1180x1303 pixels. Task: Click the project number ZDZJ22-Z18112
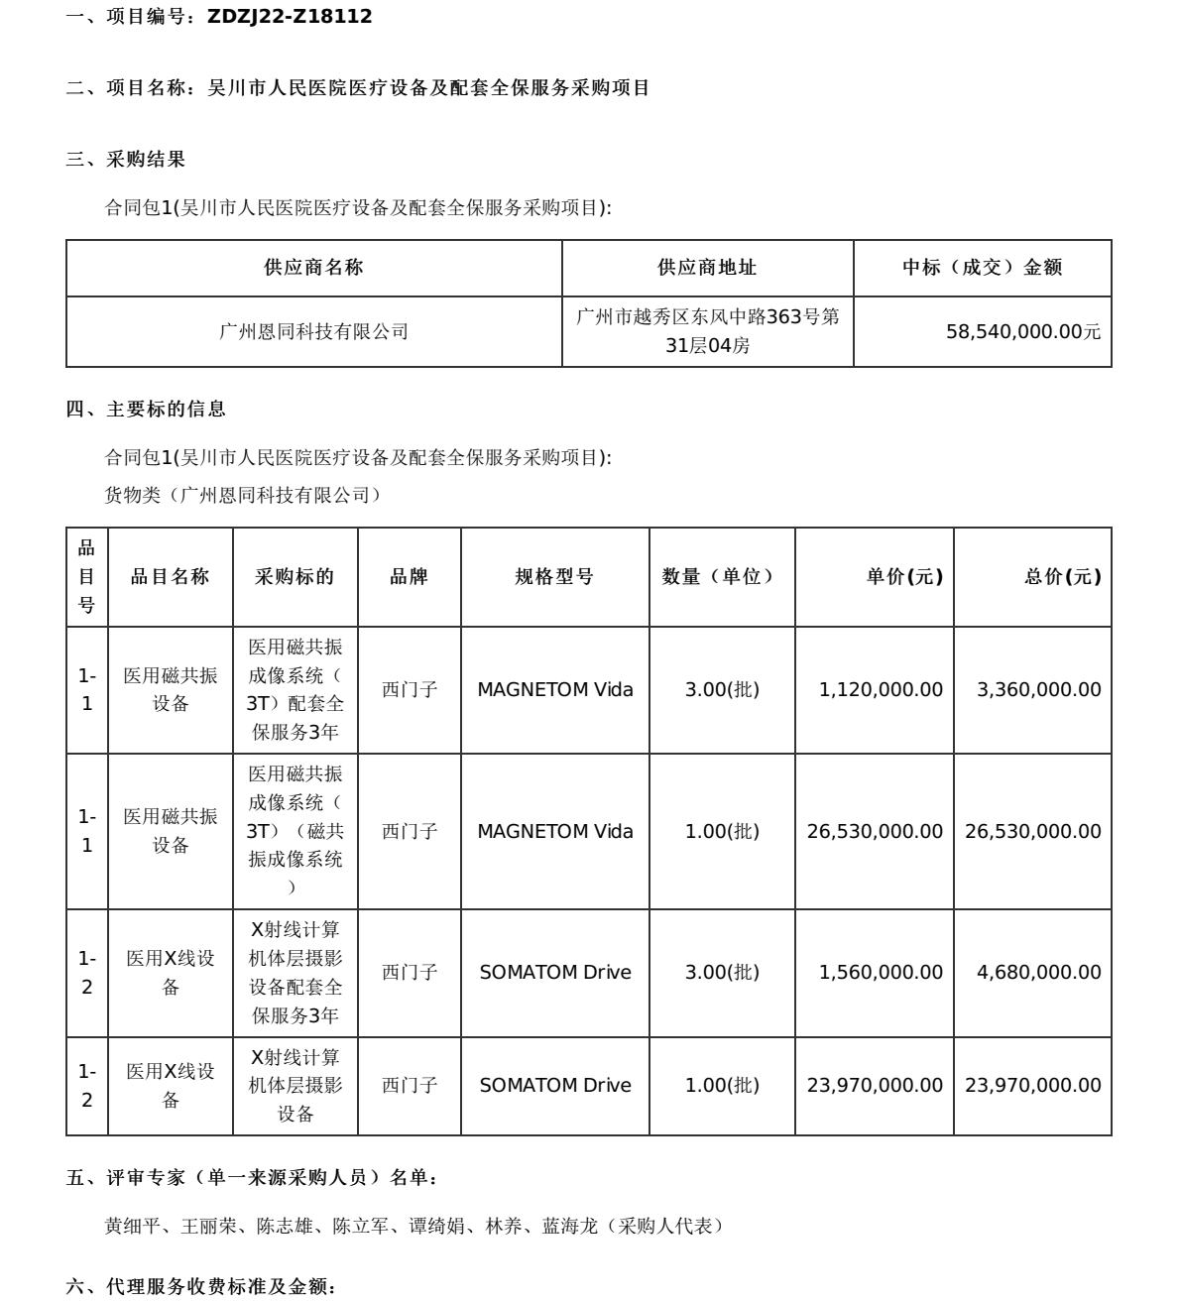pyautogui.click(x=290, y=17)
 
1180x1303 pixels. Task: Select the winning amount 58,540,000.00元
pyautogui.click(x=1023, y=332)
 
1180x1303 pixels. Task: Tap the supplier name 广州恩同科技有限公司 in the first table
pyautogui.click(x=313, y=332)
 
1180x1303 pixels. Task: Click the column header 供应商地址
pyautogui.click(x=707, y=268)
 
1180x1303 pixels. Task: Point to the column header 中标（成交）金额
pyautogui.click(x=982, y=268)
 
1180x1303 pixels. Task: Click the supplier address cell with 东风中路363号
pyautogui.click(x=707, y=331)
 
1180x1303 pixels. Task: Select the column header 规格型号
pyautogui.click(x=554, y=577)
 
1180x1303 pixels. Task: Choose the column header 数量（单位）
pyautogui.click(x=721, y=577)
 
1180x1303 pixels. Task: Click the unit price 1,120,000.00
pyautogui.click(x=881, y=690)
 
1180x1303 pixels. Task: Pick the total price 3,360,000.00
pyautogui.click(x=1038, y=690)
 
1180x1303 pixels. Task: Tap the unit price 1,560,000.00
pyautogui.click(x=881, y=973)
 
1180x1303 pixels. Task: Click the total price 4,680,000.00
pyautogui.click(x=1038, y=973)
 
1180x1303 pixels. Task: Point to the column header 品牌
pyautogui.click(x=410, y=577)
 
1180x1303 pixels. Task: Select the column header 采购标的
pyautogui.click(x=295, y=577)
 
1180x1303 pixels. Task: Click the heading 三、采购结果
pyautogui.click(x=126, y=159)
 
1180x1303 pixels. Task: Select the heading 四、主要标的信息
pyautogui.click(x=146, y=409)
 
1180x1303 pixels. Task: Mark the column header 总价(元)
pyautogui.click(x=1062, y=577)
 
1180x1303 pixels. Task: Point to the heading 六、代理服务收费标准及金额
pyautogui.click(x=201, y=1288)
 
